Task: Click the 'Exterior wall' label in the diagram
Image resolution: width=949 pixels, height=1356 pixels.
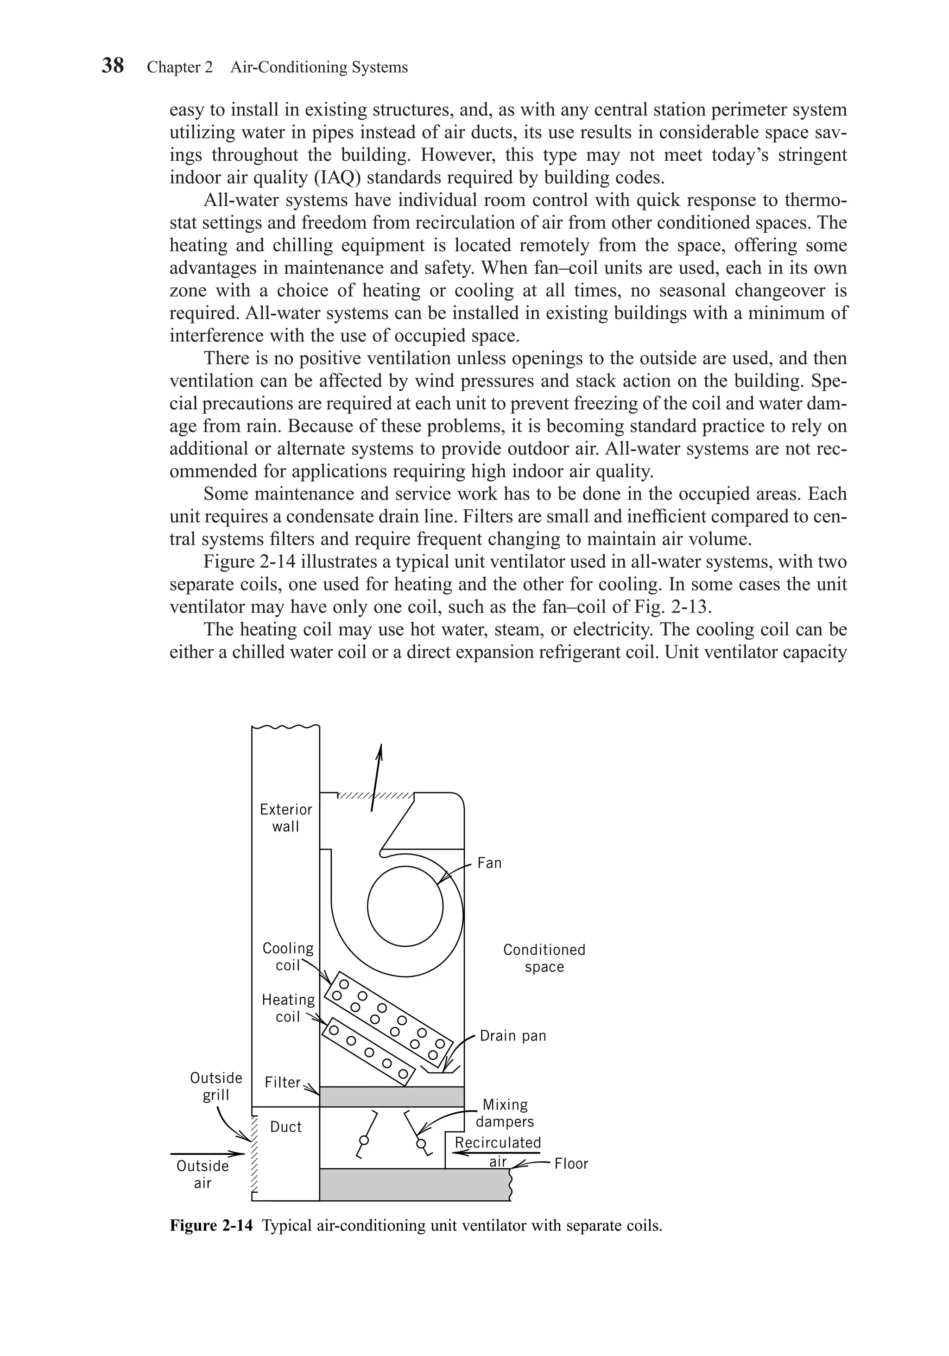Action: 286,817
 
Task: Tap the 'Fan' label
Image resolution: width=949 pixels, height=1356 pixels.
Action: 489,863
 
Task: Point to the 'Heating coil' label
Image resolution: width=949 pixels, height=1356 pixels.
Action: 288,1007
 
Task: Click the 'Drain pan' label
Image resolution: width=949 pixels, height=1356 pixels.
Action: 512,1035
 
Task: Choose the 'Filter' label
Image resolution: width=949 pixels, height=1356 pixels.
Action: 282,1082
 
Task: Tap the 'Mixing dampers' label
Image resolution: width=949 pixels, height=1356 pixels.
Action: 505,1113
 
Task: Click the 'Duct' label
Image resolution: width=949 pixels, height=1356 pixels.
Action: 286,1127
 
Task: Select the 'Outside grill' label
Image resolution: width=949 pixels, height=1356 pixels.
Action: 216,1086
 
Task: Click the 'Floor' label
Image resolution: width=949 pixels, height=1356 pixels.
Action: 571,1164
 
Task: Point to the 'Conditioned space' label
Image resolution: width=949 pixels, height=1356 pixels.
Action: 544,958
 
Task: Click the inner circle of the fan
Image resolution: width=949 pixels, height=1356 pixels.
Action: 405,907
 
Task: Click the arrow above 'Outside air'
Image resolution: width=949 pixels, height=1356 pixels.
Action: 207,1153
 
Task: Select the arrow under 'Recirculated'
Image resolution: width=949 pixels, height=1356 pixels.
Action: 497,1152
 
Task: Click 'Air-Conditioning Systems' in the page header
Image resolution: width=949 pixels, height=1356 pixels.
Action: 319,67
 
